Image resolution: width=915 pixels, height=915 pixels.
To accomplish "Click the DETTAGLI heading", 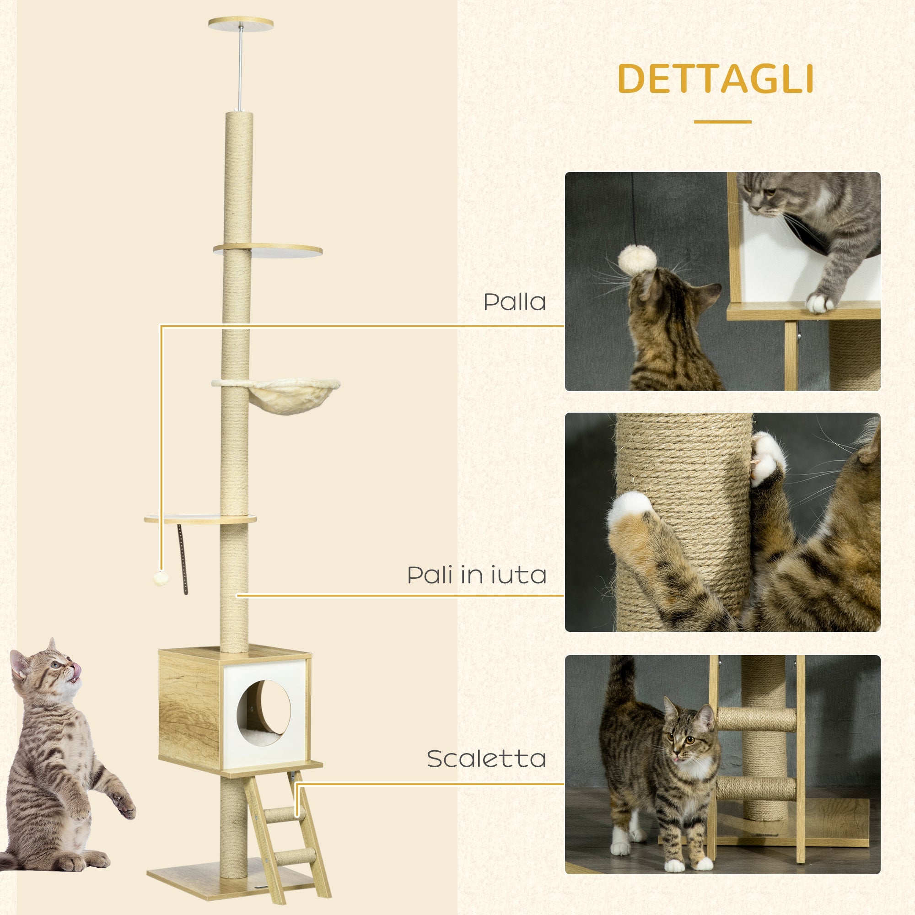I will click(716, 79).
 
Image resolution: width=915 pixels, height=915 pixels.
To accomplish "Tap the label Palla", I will click(514, 302).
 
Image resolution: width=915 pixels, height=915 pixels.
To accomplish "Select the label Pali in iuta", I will click(477, 575).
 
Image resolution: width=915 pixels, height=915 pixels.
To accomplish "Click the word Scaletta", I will click(486, 759).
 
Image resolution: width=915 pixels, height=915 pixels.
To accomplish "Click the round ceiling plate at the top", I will click(241, 22).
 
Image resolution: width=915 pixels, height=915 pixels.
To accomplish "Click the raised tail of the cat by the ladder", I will click(618, 684).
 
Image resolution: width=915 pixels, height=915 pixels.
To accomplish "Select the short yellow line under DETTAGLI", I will click(722, 122).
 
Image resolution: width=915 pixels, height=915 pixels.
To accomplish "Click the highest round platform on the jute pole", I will click(268, 250).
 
